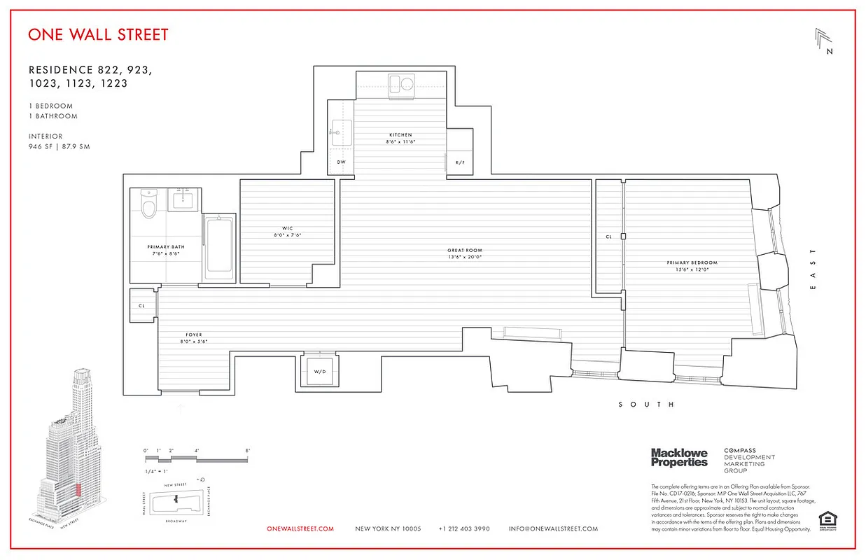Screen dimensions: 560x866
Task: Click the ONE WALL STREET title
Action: pyautogui.click(x=98, y=34)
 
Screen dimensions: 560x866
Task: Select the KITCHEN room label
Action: pyautogui.click(x=400, y=135)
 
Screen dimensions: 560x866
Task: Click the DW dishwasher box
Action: pyautogui.click(x=341, y=162)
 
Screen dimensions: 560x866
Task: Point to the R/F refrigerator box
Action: pyautogui.click(x=459, y=162)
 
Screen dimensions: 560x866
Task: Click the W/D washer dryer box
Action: pyautogui.click(x=319, y=371)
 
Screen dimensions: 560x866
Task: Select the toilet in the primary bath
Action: pyautogui.click(x=148, y=204)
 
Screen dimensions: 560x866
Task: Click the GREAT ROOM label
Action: pyautogui.click(x=465, y=251)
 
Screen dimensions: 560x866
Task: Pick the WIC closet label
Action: pyautogui.click(x=287, y=228)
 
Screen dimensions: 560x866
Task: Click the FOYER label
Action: pyautogui.click(x=193, y=335)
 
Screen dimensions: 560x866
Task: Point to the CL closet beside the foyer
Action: pyautogui.click(x=142, y=306)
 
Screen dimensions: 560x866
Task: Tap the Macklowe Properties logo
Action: pyautogui.click(x=679, y=458)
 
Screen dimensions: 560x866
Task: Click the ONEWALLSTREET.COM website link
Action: pyautogui.click(x=300, y=529)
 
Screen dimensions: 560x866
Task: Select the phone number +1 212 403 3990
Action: pyautogui.click(x=464, y=529)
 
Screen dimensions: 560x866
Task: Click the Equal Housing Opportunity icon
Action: pyautogui.click(x=827, y=521)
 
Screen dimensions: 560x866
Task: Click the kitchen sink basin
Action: pyautogui.click(x=342, y=129)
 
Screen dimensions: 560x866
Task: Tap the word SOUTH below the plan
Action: pyautogui.click(x=647, y=405)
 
